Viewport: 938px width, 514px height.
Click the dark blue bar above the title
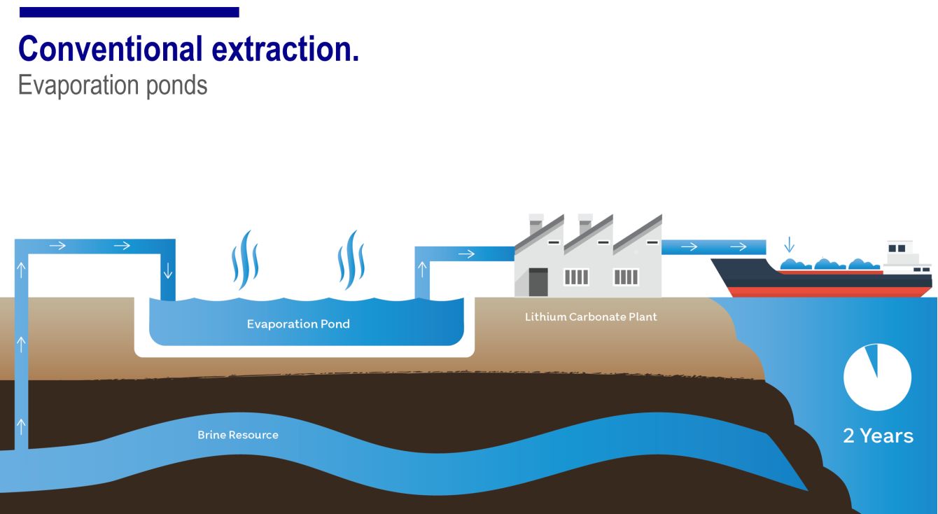pyautogui.click(x=129, y=12)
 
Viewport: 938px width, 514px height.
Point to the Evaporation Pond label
pyautogui.click(x=298, y=324)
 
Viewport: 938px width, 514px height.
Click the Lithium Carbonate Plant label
pyautogui.click(x=591, y=317)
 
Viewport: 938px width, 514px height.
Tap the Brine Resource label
pyautogui.click(x=237, y=435)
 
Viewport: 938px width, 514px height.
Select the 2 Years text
pyautogui.click(x=878, y=436)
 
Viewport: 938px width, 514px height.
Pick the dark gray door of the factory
pyautogui.click(x=538, y=282)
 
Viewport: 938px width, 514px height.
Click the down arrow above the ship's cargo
pyautogui.click(x=790, y=244)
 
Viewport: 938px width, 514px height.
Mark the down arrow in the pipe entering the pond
pyautogui.click(x=167, y=271)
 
